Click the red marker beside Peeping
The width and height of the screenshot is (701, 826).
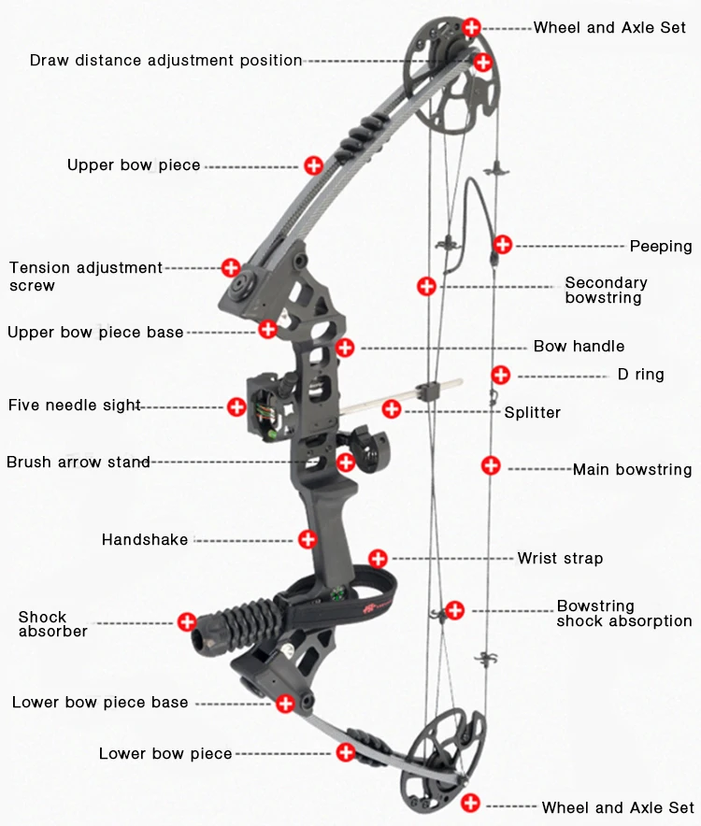(503, 245)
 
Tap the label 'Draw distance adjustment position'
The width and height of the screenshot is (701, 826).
(165, 61)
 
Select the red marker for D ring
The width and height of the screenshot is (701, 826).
(501, 375)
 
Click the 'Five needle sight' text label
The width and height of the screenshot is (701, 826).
(75, 406)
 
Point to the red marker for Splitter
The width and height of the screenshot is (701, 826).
(392, 408)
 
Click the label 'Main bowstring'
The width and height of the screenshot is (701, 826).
(632, 470)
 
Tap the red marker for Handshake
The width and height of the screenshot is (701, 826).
(308, 538)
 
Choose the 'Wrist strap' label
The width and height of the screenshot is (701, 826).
(560, 559)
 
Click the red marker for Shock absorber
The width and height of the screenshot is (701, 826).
(187, 621)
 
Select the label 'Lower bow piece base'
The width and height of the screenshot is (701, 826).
(100, 703)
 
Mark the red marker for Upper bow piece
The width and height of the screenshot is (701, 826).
(314, 165)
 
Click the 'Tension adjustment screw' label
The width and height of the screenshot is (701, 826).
(85, 277)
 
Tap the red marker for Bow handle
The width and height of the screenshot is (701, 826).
(345, 348)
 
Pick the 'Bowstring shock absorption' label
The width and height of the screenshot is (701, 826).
(623, 613)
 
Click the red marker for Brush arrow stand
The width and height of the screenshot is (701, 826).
(346, 462)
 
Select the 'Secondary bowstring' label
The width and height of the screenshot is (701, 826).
(606, 290)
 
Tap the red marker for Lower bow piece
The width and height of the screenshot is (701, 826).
(347, 751)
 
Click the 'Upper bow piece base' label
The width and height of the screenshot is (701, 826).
(95, 332)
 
